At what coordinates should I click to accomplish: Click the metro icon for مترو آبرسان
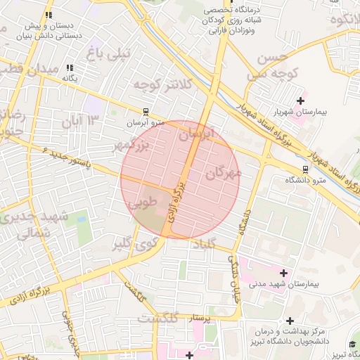(146, 111)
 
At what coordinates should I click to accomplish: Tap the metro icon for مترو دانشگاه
(304, 169)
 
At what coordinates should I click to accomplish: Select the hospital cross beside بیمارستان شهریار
(301, 101)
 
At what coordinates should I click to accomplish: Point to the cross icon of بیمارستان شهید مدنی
(284, 273)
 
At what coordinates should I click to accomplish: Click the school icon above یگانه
(70, 67)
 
